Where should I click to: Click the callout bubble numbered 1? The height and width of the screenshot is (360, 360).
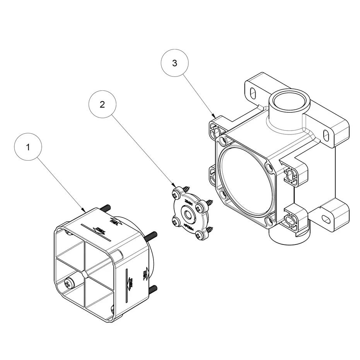[28, 147]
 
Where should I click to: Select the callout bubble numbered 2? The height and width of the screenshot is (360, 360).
[102, 105]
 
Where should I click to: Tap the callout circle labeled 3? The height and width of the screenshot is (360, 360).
[175, 63]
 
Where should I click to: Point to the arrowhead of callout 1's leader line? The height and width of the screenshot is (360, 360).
[85, 211]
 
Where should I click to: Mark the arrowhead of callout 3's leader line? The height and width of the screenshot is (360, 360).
[215, 116]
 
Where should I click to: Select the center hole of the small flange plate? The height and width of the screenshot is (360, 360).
[188, 214]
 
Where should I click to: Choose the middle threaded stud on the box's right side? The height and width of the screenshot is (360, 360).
[152, 235]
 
